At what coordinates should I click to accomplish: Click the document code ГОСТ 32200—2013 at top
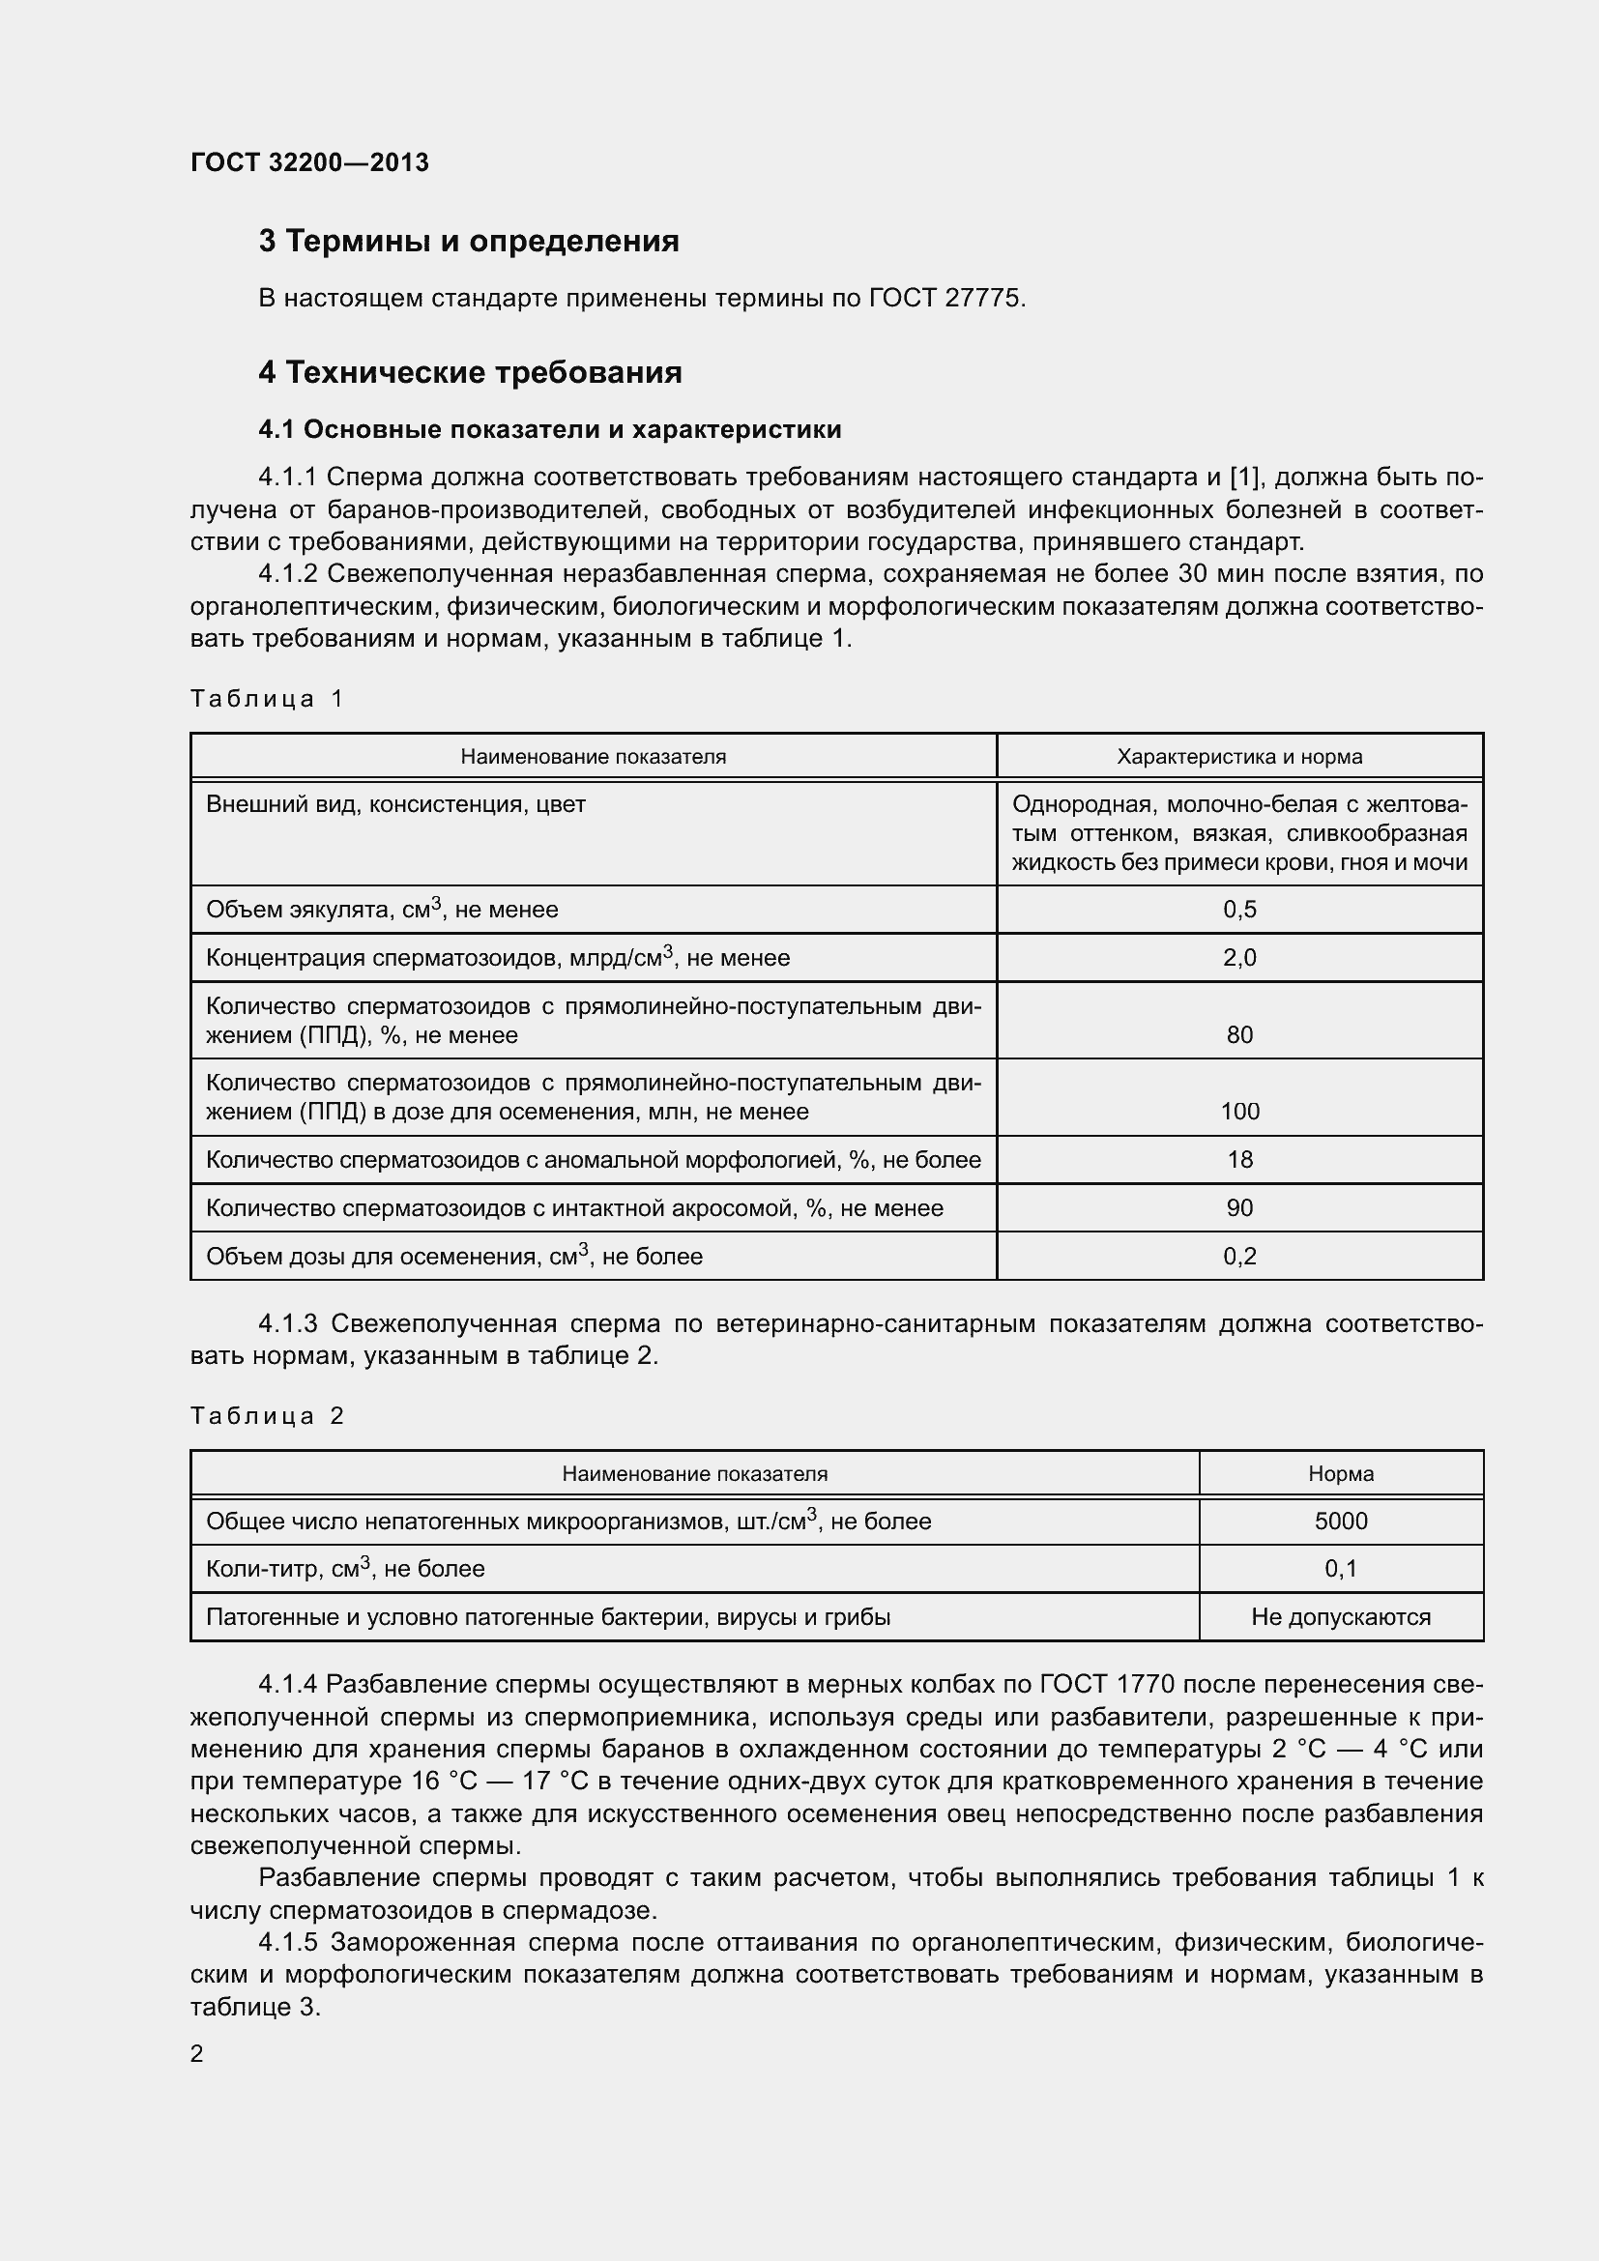click(309, 162)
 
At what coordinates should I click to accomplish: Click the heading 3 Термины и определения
click(469, 242)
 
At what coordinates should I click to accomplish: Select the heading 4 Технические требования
click(470, 372)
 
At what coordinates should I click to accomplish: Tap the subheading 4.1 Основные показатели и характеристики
click(549, 429)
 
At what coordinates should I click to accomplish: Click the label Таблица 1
click(266, 699)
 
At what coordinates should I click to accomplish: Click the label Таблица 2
click(266, 1416)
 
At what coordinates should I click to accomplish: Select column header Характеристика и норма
click(1238, 756)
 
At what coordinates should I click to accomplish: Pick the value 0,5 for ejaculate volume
click(1238, 910)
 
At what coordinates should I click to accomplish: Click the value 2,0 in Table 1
click(1238, 957)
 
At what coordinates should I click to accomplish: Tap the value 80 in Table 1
click(1238, 1035)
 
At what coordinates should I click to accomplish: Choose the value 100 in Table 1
click(1238, 1112)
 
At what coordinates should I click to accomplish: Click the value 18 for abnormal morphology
click(1238, 1160)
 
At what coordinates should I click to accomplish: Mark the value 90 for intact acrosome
click(1238, 1208)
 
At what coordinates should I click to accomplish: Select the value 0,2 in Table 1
click(1238, 1257)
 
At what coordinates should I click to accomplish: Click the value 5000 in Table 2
click(1340, 1522)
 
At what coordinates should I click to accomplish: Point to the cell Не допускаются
click(1340, 1617)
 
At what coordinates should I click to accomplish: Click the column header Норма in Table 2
click(1340, 1474)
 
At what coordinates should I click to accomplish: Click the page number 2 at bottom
click(197, 2054)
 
